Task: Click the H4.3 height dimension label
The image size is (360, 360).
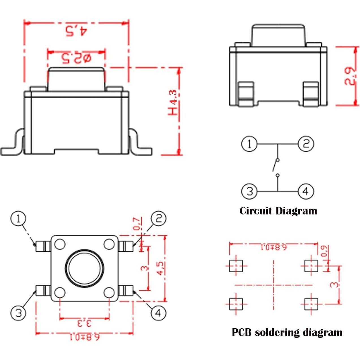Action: (172, 102)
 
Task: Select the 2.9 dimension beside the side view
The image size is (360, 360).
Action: (349, 76)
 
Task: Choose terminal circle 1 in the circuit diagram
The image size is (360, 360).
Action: (249, 144)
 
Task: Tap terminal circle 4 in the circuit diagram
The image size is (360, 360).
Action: (306, 191)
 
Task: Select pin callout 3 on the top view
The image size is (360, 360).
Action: (18, 313)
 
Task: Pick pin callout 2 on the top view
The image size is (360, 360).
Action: (158, 218)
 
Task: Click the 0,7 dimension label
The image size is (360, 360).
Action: (138, 224)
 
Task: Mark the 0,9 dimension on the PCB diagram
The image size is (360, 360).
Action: (325, 251)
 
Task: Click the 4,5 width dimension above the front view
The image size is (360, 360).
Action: (76, 31)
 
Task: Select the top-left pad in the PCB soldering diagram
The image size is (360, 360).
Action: (236, 266)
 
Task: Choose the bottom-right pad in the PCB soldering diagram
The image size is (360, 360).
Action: (311, 304)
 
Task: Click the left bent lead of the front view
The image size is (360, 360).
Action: (12, 141)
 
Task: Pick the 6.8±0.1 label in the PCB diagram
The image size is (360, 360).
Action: (274, 247)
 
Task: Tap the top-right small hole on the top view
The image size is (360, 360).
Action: (109, 244)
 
